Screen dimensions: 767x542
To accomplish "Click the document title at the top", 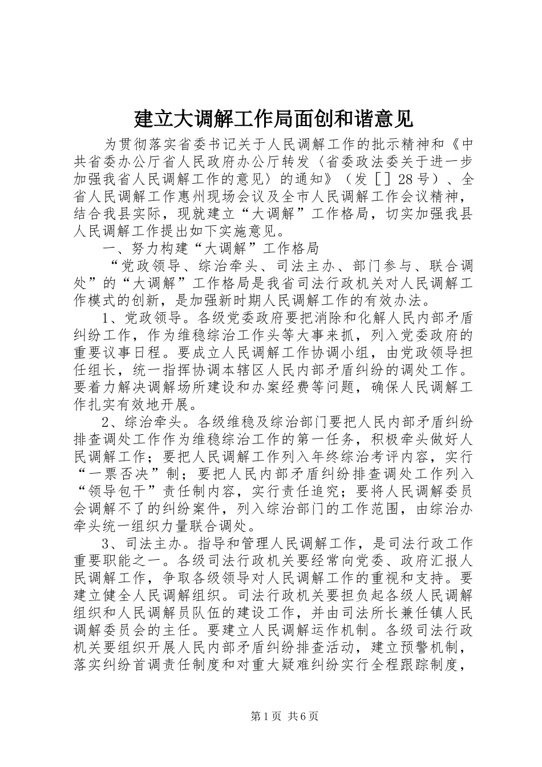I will (x=272, y=119).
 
